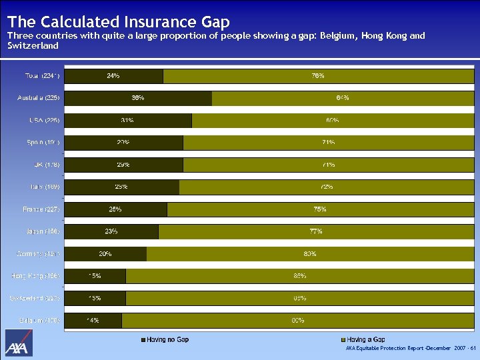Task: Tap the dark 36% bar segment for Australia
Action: [x=137, y=98]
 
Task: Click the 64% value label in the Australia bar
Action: [x=343, y=98]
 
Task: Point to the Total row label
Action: [x=38, y=76]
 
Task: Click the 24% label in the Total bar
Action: [x=113, y=76]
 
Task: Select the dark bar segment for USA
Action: [x=127, y=121]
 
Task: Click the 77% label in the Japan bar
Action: [x=316, y=232]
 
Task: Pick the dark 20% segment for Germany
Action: [x=105, y=254]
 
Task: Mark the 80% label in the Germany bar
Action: [x=309, y=254]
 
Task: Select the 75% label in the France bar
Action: [x=319, y=209]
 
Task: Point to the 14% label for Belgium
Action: [x=93, y=321]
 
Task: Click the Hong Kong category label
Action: [x=37, y=276]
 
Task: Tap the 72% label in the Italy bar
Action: [x=326, y=187]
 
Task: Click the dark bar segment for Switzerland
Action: [x=94, y=299]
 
